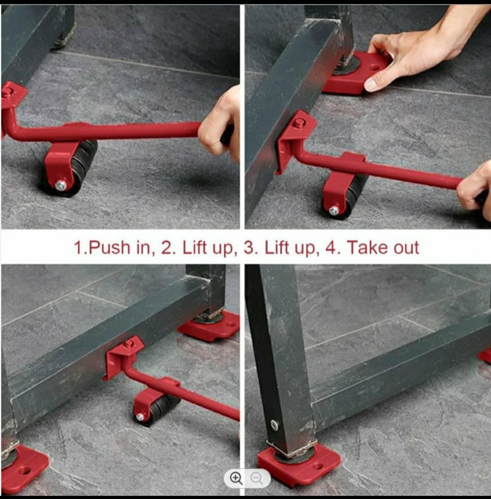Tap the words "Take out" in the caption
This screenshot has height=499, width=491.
[382, 247]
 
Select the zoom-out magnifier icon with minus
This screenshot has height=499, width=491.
[256, 478]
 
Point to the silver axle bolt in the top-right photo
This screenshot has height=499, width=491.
[334, 210]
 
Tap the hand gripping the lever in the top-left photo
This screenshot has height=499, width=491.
[220, 124]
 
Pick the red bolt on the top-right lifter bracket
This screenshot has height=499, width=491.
[298, 122]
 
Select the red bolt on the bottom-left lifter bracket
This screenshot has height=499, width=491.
[129, 343]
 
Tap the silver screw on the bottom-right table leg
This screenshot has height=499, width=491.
[274, 425]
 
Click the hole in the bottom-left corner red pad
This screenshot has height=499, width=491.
[26, 470]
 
